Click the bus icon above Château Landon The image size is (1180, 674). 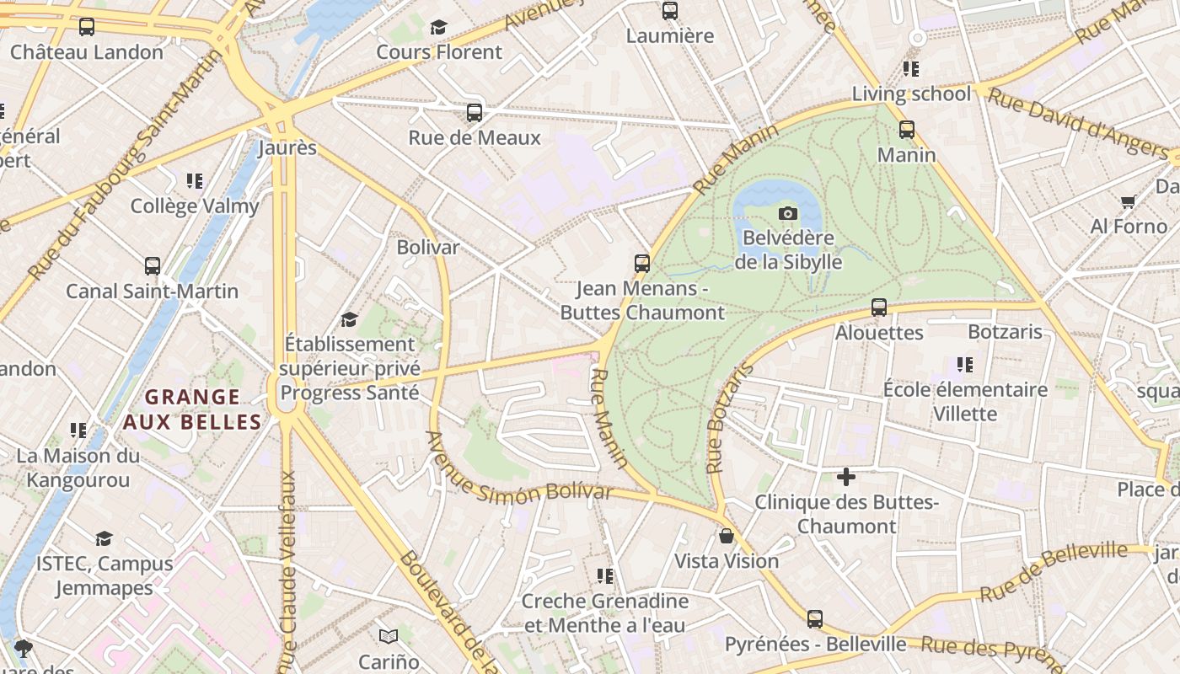click(x=87, y=27)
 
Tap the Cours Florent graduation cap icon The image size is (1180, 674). click(x=438, y=27)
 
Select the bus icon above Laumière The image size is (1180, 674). click(x=670, y=11)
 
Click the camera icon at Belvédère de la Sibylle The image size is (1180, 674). click(x=788, y=213)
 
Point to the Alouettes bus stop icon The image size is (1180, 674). click(x=879, y=308)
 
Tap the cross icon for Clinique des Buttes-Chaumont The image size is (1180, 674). click(x=846, y=478)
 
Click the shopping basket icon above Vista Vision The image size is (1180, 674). click(x=727, y=536)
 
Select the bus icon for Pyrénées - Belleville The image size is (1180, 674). click(x=815, y=619)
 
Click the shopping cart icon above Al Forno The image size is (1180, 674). click(x=1129, y=201)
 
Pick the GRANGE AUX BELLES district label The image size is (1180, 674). click(x=192, y=409)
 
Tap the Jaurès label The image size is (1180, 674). click(x=287, y=148)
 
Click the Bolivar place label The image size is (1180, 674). click(x=428, y=247)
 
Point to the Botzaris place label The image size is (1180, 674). click(x=1005, y=332)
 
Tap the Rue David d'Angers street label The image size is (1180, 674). click(x=1079, y=123)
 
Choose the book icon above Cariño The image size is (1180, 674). click(x=389, y=636)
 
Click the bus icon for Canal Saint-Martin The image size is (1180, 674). click(x=153, y=266)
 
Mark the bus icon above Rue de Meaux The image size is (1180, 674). click(x=475, y=113)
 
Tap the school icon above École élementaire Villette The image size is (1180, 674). click(x=965, y=365)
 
